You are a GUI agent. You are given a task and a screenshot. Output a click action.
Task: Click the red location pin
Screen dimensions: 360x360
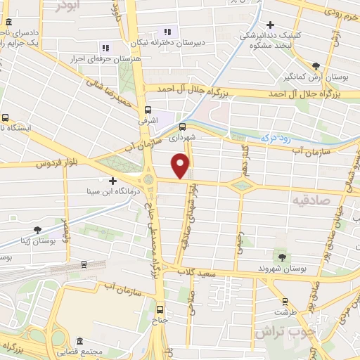pyautogui.click(x=181, y=166)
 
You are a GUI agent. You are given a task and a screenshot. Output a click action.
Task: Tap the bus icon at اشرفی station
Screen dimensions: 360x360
pyautogui.click(x=148, y=110)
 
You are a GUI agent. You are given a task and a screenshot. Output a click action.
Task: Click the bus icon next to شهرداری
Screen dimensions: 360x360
pyautogui.click(x=183, y=127)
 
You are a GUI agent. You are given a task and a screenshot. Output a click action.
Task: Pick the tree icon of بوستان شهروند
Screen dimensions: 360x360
pyautogui.click(x=282, y=257)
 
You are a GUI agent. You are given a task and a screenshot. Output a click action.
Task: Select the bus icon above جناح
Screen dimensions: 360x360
pyautogui.click(x=160, y=309)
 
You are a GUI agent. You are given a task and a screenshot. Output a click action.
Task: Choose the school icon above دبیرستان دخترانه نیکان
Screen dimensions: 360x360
pyautogui.click(x=167, y=32)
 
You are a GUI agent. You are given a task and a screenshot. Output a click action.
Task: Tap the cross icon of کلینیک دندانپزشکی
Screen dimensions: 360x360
pyautogui.click(x=270, y=25)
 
